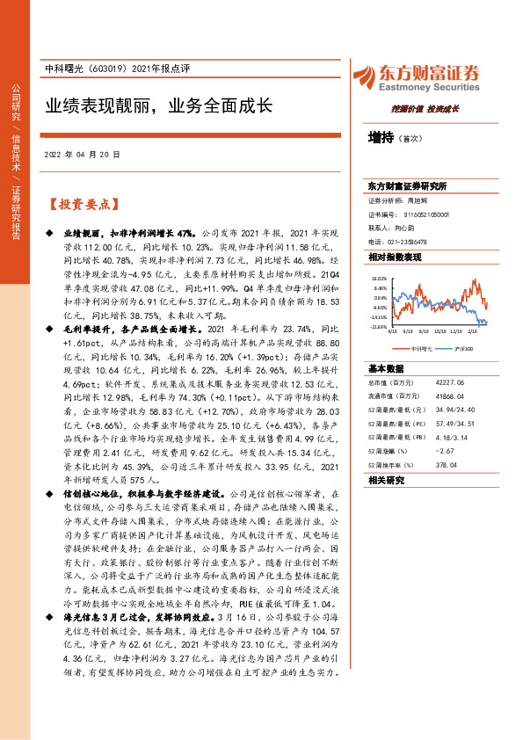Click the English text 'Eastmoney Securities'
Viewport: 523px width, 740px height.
(x=432, y=87)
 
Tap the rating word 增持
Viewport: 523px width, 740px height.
(x=381, y=137)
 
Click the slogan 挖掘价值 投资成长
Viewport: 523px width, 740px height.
(x=426, y=109)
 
